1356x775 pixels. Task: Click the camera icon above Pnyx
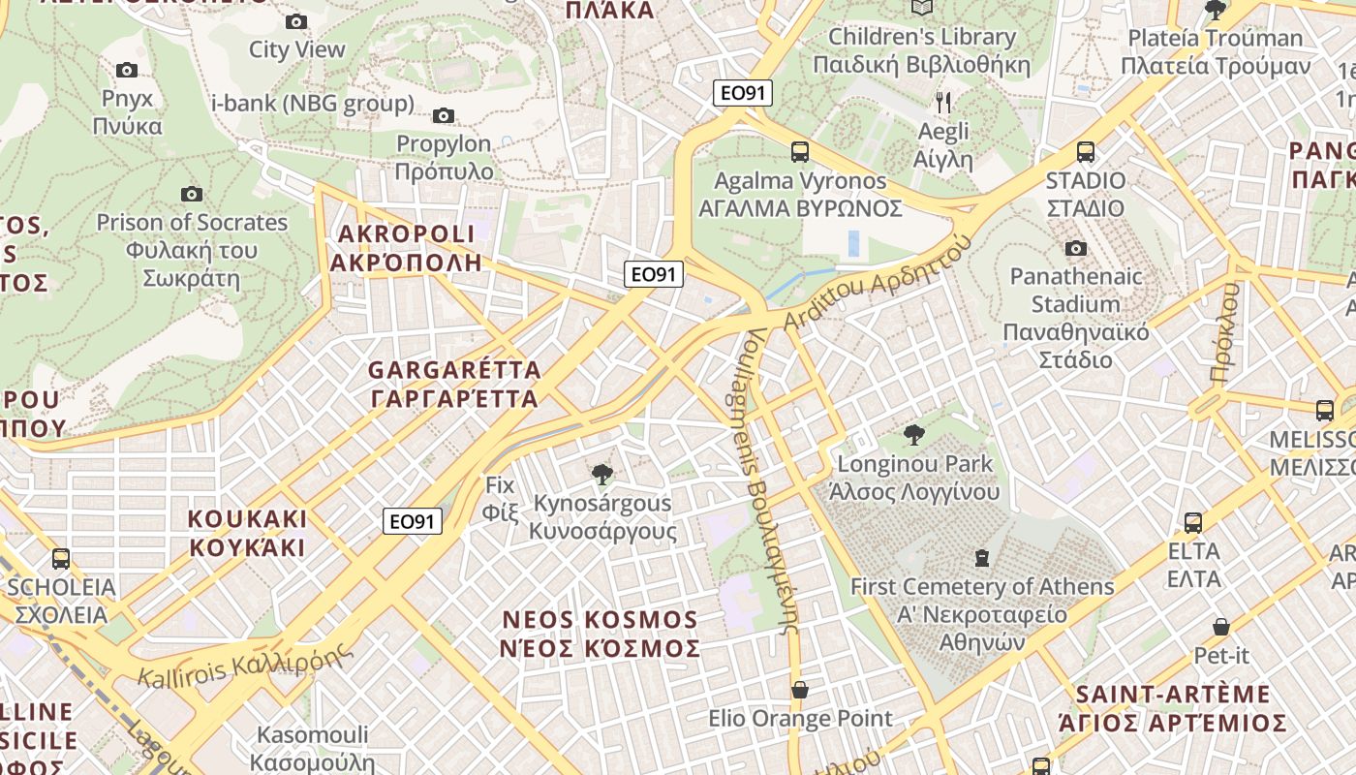click(126, 70)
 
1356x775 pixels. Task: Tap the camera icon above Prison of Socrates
click(192, 194)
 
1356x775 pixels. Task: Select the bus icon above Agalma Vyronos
click(799, 151)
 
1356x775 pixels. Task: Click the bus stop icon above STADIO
click(1085, 152)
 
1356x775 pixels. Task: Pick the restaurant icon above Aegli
click(943, 102)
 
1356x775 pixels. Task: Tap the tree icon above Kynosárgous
click(601, 474)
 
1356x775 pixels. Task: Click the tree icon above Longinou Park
click(912, 435)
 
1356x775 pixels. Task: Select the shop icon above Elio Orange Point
click(799, 690)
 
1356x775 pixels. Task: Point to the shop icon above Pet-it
click(1220, 627)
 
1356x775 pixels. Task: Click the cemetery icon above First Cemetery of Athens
click(982, 558)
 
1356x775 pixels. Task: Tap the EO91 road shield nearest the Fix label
click(413, 521)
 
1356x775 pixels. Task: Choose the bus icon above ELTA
click(1192, 523)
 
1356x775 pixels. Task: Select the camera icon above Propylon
click(443, 116)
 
